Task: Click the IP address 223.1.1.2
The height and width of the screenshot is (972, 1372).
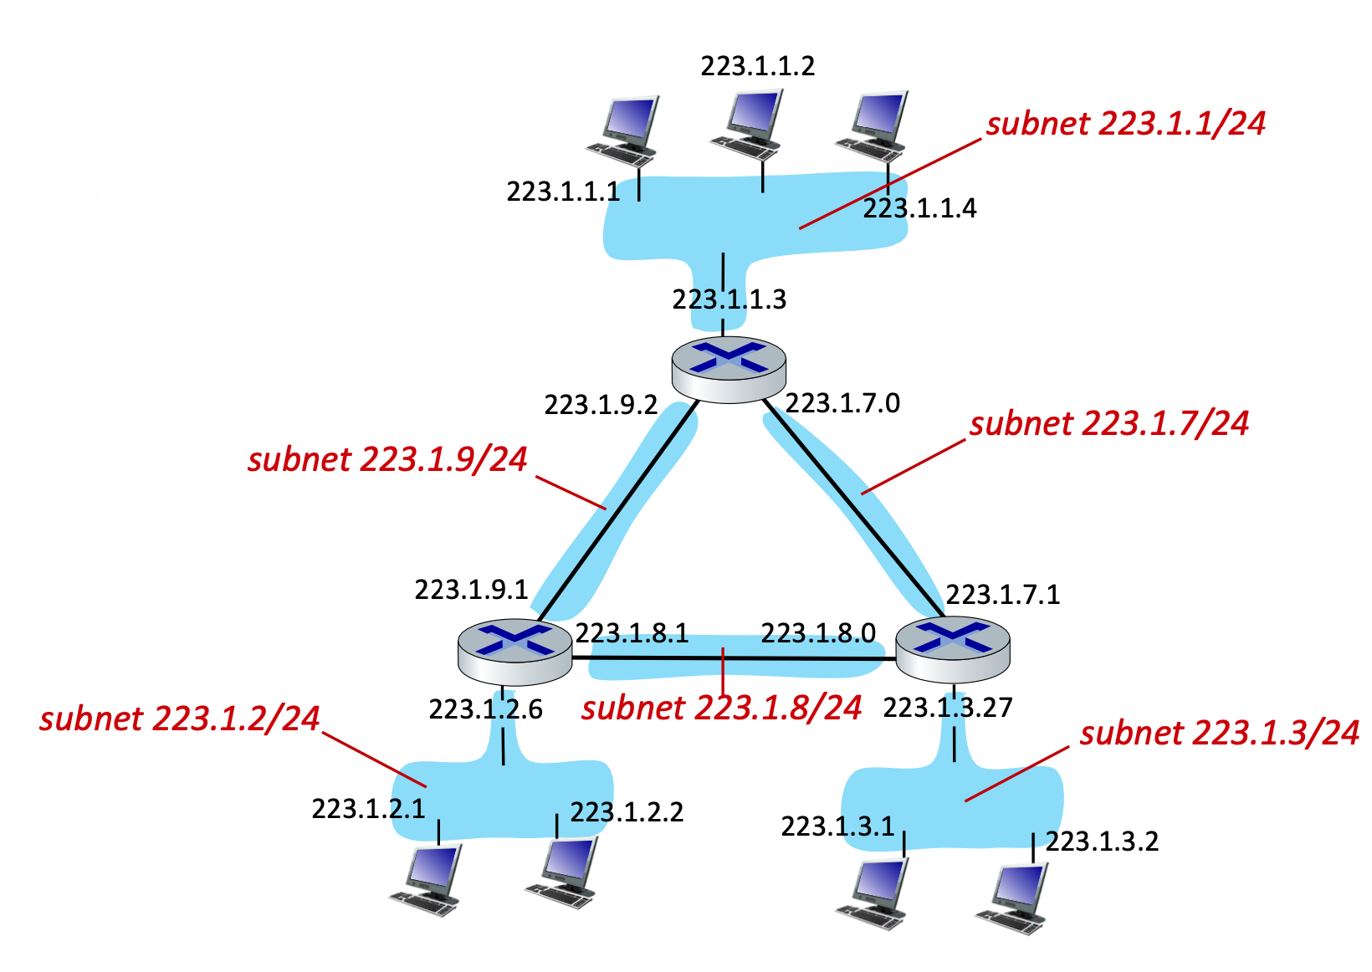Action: tap(757, 66)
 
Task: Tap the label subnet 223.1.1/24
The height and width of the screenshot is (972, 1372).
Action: tap(1125, 124)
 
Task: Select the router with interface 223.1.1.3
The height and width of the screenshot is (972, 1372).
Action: tap(729, 368)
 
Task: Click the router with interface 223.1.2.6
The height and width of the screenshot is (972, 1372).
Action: tap(514, 652)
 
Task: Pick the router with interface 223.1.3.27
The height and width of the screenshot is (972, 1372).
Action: tap(952, 649)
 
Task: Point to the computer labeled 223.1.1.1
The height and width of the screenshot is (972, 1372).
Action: tap(622, 130)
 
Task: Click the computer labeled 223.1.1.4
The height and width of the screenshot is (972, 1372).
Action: tap(873, 125)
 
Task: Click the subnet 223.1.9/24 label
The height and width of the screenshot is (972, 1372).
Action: tap(387, 460)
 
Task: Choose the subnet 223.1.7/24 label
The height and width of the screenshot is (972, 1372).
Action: tap(1108, 424)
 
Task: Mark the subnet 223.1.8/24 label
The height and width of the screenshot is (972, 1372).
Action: tap(721, 709)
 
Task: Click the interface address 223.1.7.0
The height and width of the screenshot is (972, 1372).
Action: tap(842, 403)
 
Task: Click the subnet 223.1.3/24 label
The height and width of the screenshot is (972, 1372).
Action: tap(1219, 734)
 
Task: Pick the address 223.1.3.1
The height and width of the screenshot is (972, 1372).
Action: tap(837, 826)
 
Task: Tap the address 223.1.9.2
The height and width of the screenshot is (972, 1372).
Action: tap(601, 405)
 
